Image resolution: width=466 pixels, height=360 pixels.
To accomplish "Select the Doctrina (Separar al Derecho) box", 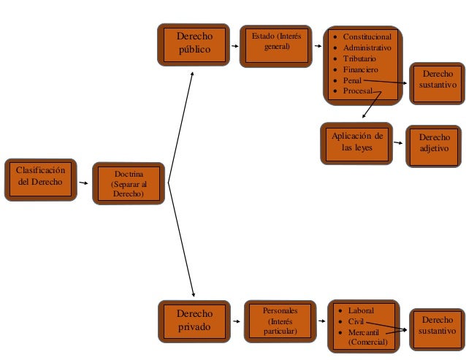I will (x=128, y=183).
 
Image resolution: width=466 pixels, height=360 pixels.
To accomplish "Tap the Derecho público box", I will (x=194, y=44).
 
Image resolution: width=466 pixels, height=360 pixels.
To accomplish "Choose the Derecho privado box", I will (x=194, y=321).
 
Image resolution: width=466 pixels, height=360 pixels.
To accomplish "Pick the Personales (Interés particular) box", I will (x=280, y=321).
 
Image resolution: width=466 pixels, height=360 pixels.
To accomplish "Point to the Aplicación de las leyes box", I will (x=356, y=142).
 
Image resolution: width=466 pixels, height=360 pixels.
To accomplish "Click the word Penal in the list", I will (x=352, y=80).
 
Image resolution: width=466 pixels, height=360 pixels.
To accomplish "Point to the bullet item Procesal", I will (x=357, y=91).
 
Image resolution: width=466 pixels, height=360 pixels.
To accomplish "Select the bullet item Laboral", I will (x=361, y=310).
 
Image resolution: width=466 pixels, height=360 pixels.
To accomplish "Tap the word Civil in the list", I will (x=356, y=321).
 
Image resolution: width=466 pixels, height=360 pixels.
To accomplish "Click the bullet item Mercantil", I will (x=365, y=332).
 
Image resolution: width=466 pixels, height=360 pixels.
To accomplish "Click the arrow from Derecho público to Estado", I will (x=234, y=45).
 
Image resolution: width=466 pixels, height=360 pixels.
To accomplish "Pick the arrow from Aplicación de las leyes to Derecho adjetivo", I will (x=398, y=142).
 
